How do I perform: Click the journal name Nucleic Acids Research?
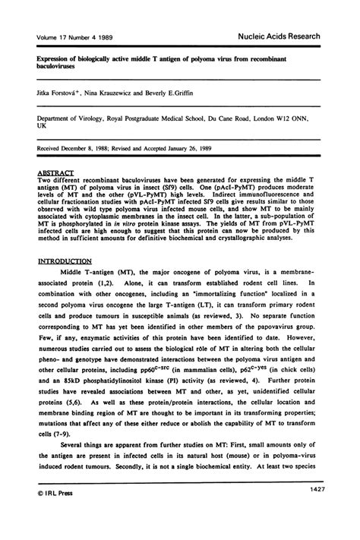point(289,36)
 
